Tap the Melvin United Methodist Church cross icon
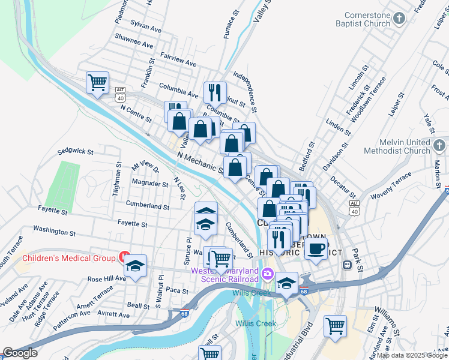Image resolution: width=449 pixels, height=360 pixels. (x=439, y=146)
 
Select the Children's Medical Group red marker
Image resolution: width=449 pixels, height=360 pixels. (x=125, y=258)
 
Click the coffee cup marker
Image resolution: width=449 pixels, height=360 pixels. (x=316, y=248)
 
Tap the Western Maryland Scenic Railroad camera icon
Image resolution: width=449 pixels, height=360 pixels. (x=267, y=275)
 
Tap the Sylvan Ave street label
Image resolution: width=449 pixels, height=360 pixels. (x=146, y=28)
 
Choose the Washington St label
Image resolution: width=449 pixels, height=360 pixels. (x=54, y=230)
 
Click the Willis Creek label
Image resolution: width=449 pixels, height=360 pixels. (x=256, y=323)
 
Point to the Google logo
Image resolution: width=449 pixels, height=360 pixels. (x=20, y=352)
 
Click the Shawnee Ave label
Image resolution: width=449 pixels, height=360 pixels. (x=136, y=43)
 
